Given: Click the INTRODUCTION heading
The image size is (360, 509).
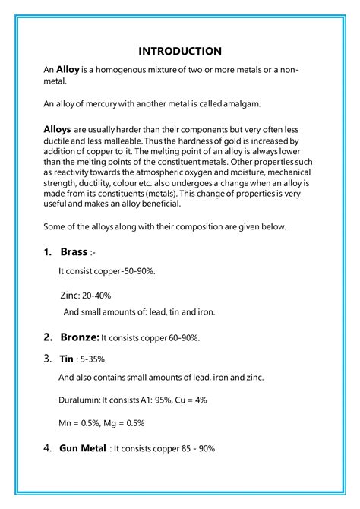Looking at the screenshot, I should coord(180,51).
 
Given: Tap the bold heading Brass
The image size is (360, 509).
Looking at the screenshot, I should coord(74,251).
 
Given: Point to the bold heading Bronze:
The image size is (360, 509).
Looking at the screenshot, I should coord(79,337).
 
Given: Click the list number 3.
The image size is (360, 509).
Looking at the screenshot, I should coord(47,357).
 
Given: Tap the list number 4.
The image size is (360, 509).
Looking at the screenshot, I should coord(47,447).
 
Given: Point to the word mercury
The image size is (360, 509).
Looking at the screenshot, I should coord(93,103).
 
